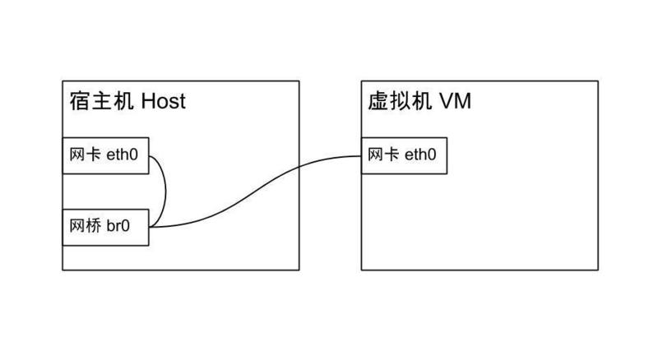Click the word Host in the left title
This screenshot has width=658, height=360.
[164, 101]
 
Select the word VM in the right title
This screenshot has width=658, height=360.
[455, 101]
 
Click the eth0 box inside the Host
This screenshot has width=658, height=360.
[106, 155]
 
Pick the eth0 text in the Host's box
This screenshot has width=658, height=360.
[123, 155]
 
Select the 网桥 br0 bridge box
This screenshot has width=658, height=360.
[106, 227]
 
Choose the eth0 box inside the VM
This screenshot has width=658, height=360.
[404, 155]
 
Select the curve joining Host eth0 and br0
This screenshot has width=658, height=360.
[166, 191]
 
